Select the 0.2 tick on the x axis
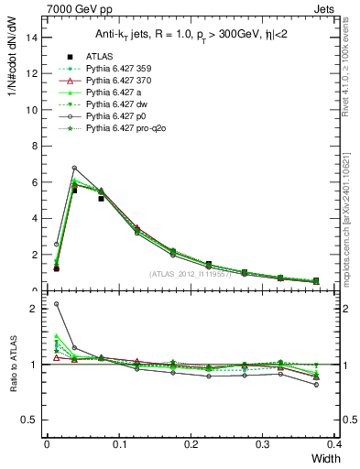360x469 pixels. pyautogui.click(x=191, y=443)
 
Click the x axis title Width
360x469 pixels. pyautogui.click(x=321, y=458)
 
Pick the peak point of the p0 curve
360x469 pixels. pyautogui.click(x=74, y=168)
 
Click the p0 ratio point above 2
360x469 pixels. pyautogui.click(x=56, y=304)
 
